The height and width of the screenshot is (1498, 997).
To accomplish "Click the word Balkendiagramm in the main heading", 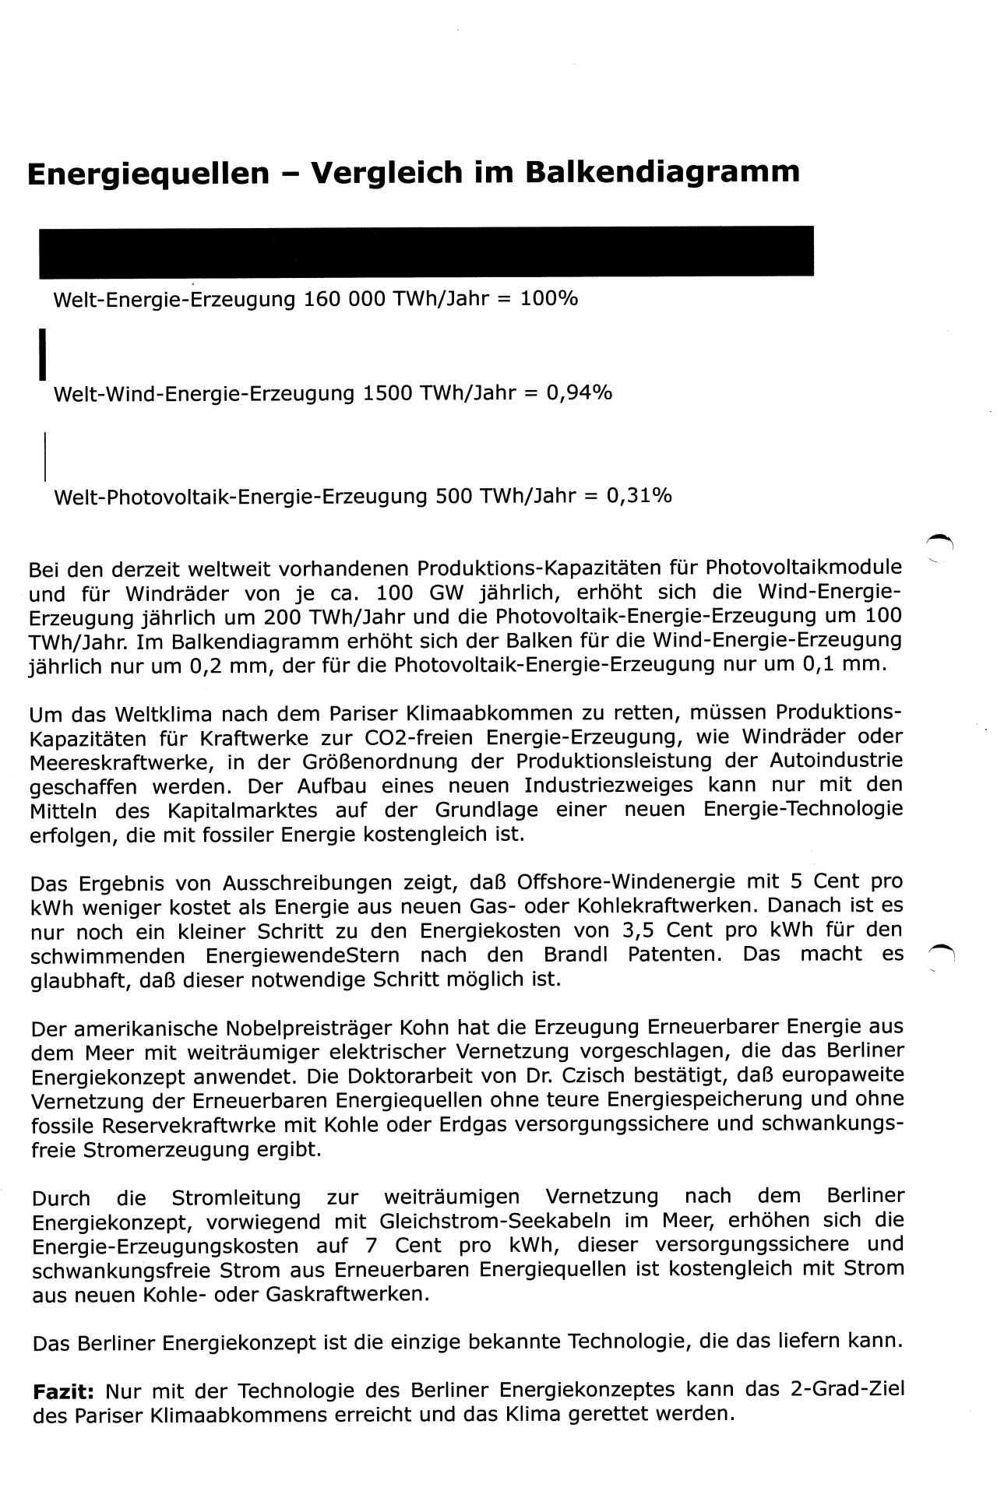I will (x=662, y=172).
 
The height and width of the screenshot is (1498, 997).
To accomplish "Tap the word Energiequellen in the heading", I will (x=148, y=173).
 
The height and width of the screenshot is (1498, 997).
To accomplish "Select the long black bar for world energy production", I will (x=426, y=251).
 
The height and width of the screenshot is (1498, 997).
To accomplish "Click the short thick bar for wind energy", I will (x=44, y=354).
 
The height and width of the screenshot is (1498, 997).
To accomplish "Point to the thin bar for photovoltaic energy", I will (x=45, y=455).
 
